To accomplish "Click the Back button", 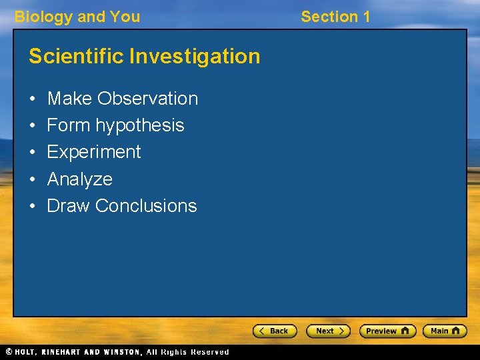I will [274, 331].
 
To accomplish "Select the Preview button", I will [387, 331].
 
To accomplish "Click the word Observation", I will [147, 99].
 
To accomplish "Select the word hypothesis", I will [140, 126].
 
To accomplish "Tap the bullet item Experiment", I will [94, 152].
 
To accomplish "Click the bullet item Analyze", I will [80, 179].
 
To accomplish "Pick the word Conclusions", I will [146, 206].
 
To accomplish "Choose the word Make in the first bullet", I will [69, 99].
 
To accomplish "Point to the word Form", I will [69, 125].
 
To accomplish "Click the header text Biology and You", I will [77, 17].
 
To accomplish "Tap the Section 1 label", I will [335, 17].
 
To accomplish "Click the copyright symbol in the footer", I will [8, 352].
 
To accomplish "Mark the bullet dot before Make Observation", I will [33, 99].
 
